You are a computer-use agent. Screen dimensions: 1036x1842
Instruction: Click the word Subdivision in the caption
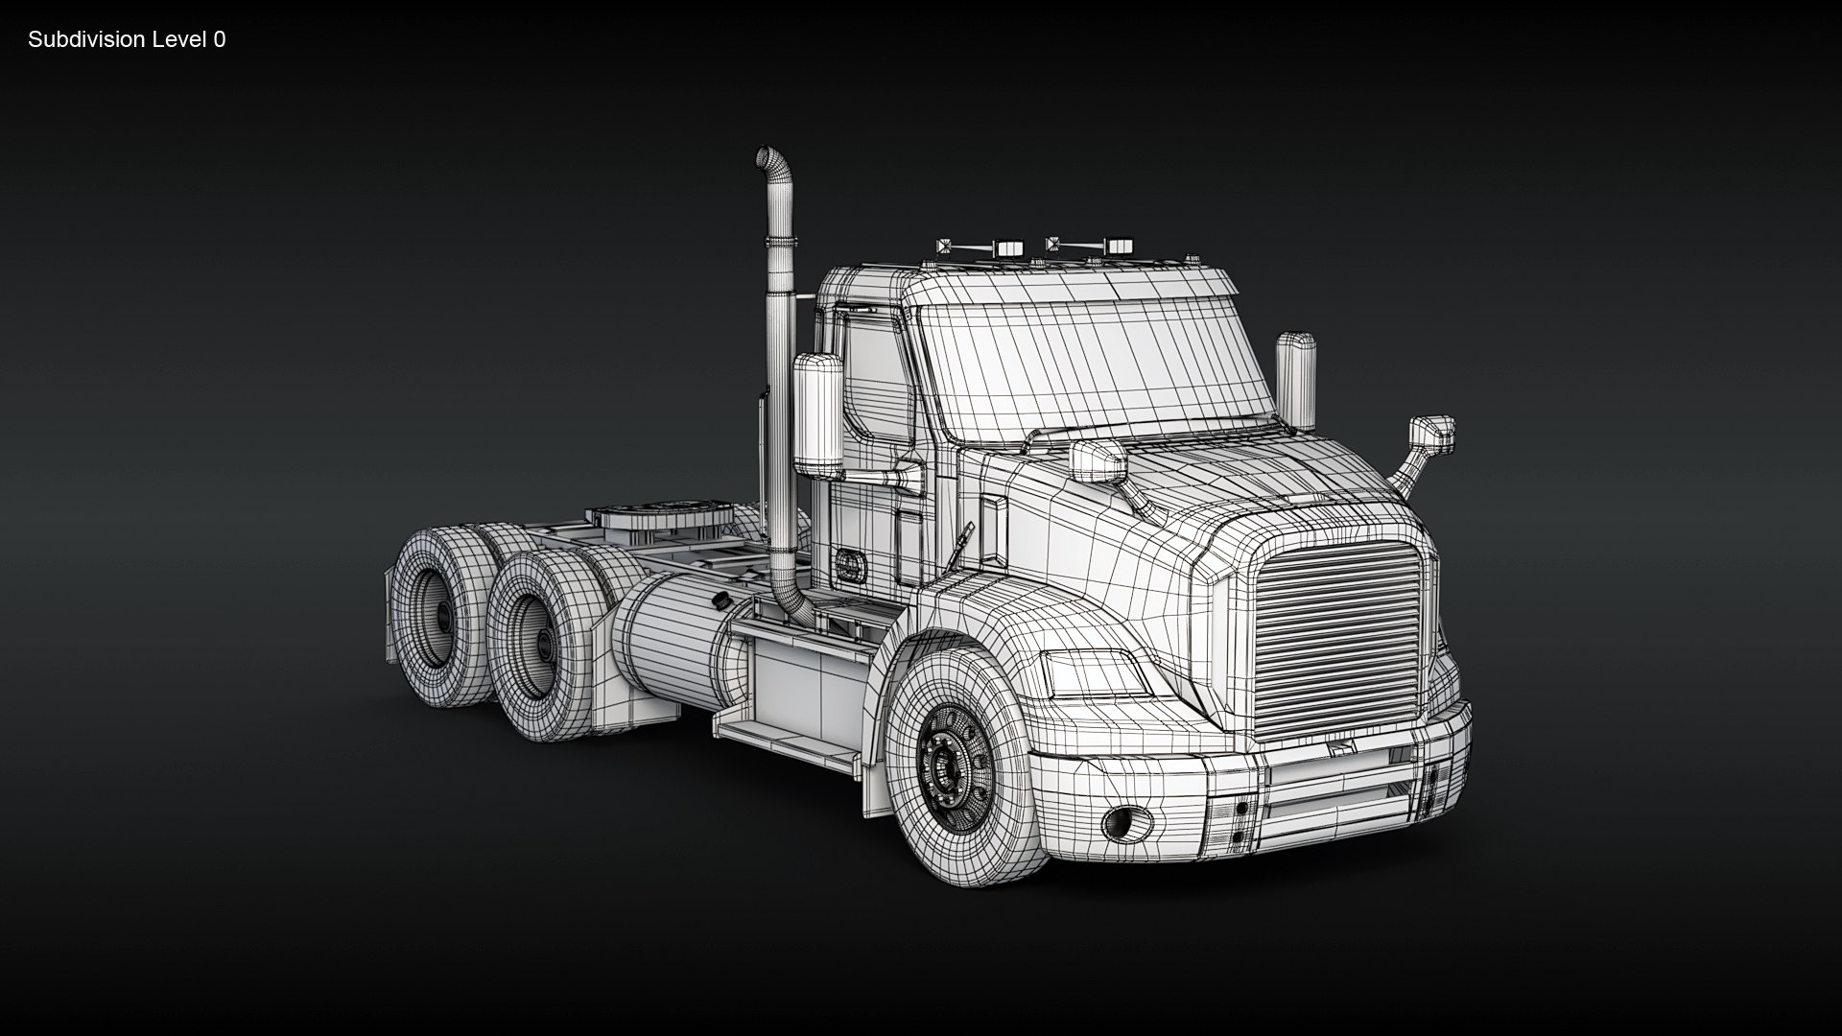point(86,39)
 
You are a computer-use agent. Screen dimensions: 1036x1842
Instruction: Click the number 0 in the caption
point(220,39)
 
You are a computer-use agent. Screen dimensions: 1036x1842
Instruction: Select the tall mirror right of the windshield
point(1296,380)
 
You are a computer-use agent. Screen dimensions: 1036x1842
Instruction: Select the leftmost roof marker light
point(946,248)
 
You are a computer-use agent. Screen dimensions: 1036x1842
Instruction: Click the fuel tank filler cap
point(719,600)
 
